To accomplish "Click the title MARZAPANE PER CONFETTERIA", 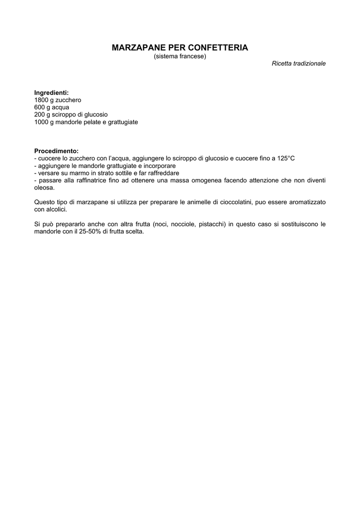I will [x=180, y=48].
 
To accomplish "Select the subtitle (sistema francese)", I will [x=180, y=56].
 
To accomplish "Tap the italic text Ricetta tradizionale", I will [x=298, y=64].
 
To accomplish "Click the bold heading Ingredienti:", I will [x=51, y=93].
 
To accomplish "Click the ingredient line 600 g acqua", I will [x=52, y=107].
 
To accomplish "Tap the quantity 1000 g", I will [x=43, y=122].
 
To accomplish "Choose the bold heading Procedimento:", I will [x=56, y=151].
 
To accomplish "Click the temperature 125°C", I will [x=286, y=158].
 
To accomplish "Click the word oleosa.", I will [x=44, y=187].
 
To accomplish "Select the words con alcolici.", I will [x=50, y=209].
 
